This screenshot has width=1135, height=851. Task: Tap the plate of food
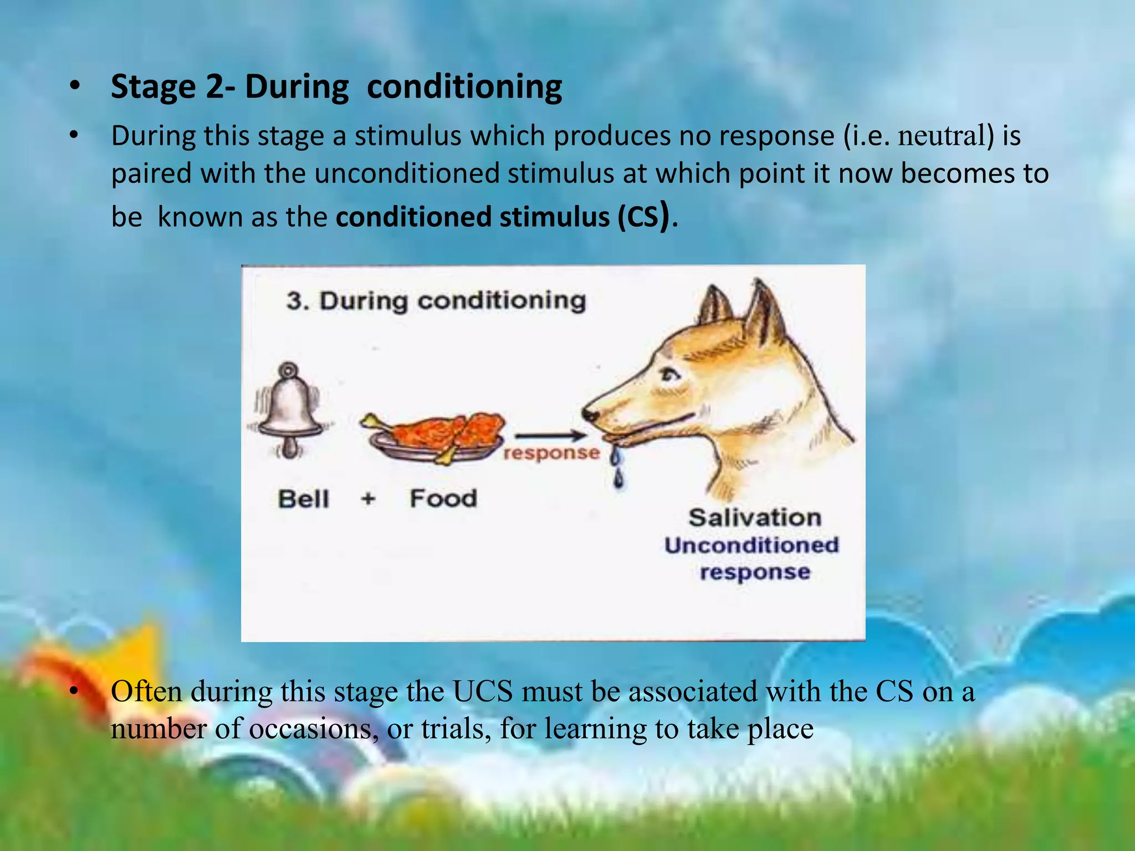pyautogui.click(x=435, y=438)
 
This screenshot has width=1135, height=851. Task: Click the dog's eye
pyautogui.click(x=671, y=375)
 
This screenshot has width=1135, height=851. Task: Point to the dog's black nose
pyautogui.click(x=590, y=414)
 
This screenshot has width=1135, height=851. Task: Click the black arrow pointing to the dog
pyautogui.click(x=549, y=436)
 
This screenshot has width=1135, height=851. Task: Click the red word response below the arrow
pyautogui.click(x=551, y=453)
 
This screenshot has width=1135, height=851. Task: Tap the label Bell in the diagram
pyautogui.click(x=303, y=499)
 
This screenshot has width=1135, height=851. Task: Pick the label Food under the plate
pyautogui.click(x=443, y=498)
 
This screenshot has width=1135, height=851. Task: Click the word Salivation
pyautogui.click(x=755, y=518)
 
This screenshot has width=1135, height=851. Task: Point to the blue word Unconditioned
pyautogui.click(x=751, y=545)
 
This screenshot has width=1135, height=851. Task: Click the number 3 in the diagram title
pyautogui.click(x=294, y=301)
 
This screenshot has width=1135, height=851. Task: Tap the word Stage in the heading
pyautogui.click(x=153, y=87)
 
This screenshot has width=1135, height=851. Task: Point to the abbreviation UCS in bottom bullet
pyautogui.click(x=482, y=691)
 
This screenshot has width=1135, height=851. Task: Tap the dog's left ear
pyautogui.click(x=715, y=307)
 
